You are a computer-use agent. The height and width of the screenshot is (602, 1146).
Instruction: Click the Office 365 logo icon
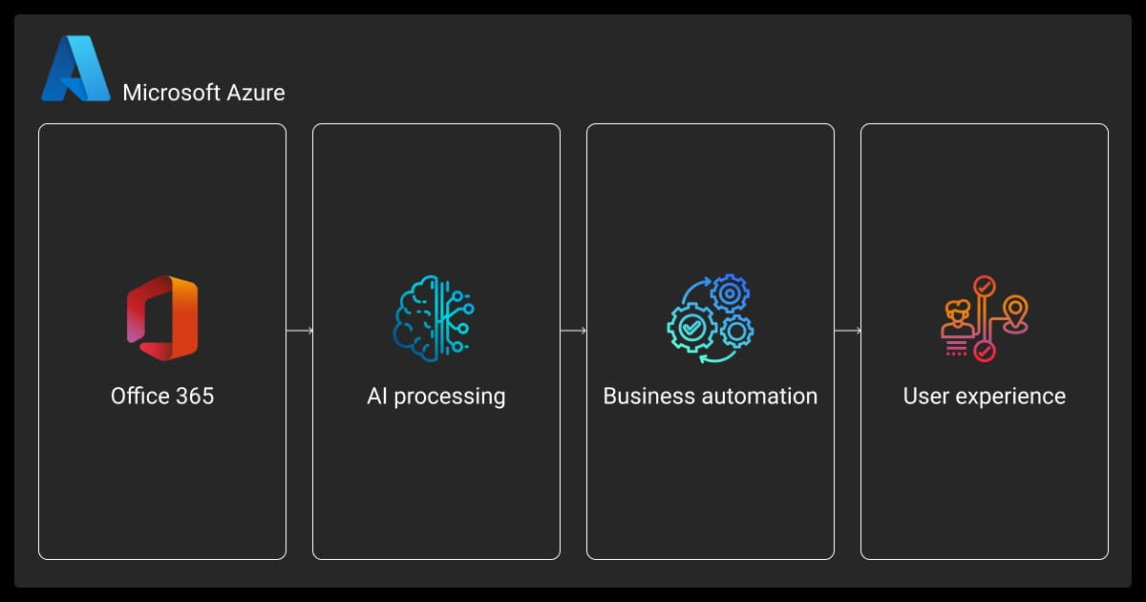click(162, 318)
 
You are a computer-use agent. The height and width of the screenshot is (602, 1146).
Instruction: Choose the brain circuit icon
click(435, 318)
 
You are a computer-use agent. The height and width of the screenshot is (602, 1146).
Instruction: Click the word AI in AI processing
click(377, 396)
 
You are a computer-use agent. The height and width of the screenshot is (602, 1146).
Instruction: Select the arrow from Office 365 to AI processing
click(299, 331)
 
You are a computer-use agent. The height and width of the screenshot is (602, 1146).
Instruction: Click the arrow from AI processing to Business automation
click(573, 331)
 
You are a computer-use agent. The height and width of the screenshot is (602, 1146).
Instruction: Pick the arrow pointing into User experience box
click(847, 331)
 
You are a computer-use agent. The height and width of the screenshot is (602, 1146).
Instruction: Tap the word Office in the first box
click(139, 396)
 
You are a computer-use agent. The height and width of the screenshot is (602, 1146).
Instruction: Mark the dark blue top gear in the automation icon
click(729, 294)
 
